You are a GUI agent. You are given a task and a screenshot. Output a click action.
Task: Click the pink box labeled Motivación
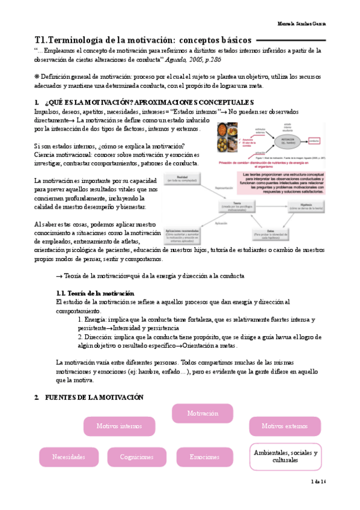(202, 414)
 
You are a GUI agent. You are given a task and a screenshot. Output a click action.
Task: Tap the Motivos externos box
(284, 426)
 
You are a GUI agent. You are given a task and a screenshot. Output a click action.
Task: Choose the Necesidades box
(69, 457)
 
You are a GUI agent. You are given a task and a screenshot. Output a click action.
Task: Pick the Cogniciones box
(136, 457)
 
